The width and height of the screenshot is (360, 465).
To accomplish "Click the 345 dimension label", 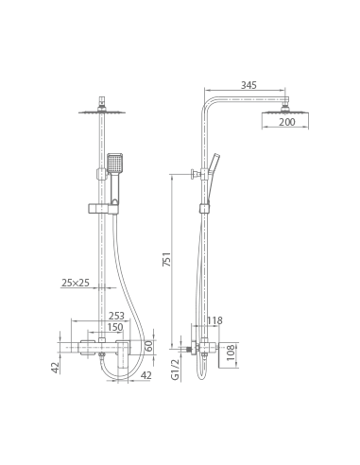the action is pyautogui.click(x=249, y=85).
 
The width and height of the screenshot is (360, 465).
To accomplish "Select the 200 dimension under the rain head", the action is pyautogui.click(x=287, y=122).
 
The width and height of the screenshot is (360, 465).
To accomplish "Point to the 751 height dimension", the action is pyautogui.click(x=166, y=259).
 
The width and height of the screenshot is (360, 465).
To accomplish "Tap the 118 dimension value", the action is pyautogui.click(x=214, y=320).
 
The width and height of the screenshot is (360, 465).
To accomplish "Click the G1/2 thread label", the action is pyautogui.click(x=175, y=370).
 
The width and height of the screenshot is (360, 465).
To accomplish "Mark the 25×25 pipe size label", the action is pyautogui.click(x=76, y=283).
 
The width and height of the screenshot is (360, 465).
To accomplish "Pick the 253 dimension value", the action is pyautogui.click(x=116, y=316).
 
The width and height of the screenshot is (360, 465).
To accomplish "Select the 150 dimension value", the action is pyautogui.click(x=115, y=327).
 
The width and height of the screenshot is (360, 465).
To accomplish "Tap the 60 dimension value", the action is pyautogui.click(x=149, y=346).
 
